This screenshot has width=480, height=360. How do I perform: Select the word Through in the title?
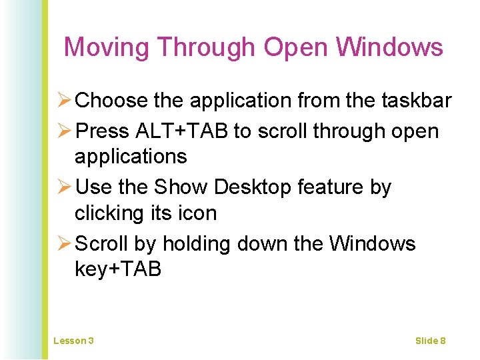tap(207, 47)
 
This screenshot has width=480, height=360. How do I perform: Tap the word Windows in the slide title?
tap(389, 47)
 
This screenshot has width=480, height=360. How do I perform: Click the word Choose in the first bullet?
tap(112, 101)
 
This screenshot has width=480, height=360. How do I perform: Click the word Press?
tap(103, 131)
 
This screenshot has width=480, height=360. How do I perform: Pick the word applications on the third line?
tap(131, 157)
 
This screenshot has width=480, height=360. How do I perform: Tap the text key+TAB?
tap(118, 269)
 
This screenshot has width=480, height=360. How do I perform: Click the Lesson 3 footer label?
tap(73, 341)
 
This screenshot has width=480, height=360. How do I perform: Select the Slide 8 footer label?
tap(430, 341)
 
